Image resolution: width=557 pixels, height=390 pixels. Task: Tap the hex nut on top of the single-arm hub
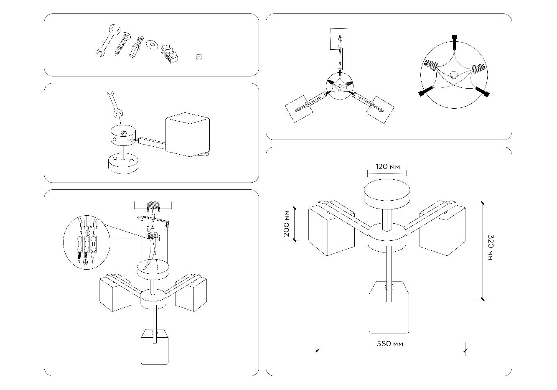point(124,133)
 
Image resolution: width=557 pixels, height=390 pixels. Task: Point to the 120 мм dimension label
point(387,166)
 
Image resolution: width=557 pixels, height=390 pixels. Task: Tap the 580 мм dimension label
point(390,344)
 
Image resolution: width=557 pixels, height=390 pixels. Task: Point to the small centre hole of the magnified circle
point(454,76)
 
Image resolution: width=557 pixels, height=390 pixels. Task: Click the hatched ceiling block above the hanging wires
point(153,206)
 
